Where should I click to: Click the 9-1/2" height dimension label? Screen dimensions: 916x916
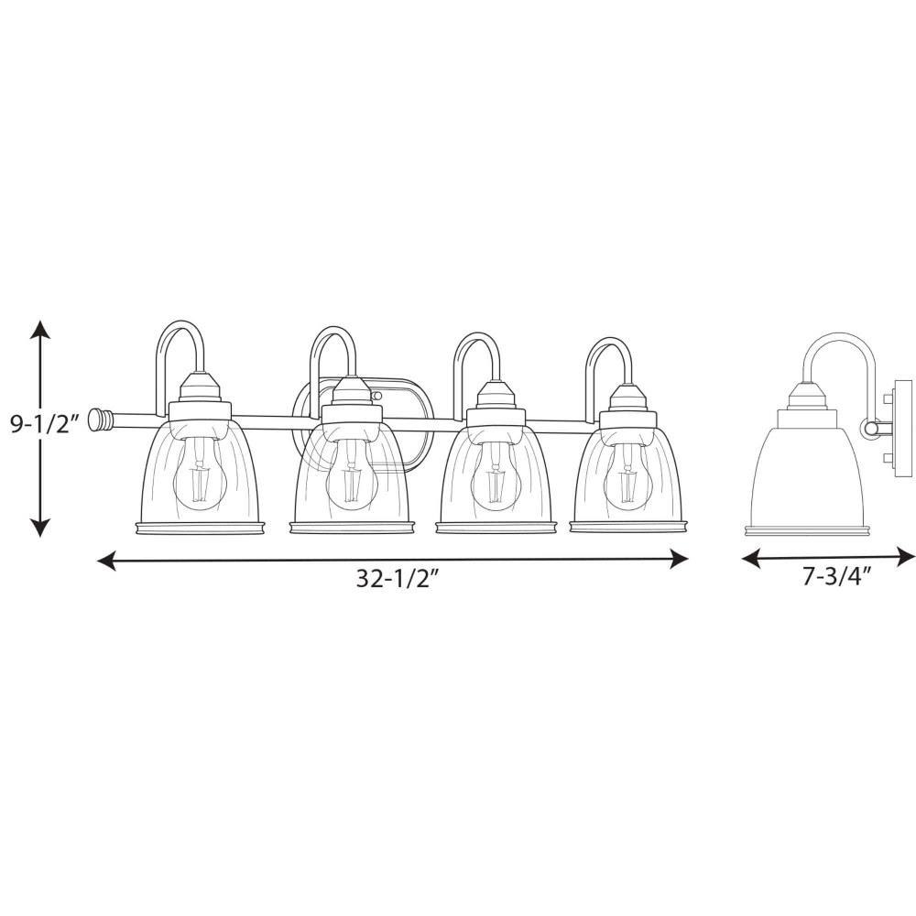(x=44, y=425)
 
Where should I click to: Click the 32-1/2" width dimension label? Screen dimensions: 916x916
(x=398, y=579)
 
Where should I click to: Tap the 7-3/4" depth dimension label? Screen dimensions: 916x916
(x=836, y=577)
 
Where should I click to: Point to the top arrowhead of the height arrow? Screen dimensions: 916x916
(x=39, y=330)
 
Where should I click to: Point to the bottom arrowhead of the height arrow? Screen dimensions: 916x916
(x=39, y=526)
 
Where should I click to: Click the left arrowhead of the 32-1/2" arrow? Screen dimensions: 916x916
(x=106, y=561)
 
